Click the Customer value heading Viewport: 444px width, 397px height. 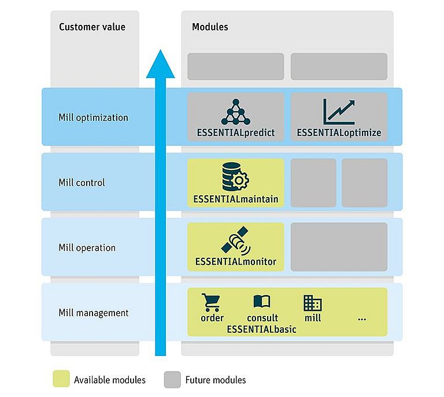click(x=92, y=27)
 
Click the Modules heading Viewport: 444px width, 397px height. click(x=210, y=27)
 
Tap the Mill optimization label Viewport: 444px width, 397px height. click(x=93, y=118)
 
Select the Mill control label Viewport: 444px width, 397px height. click(x=82, y=183)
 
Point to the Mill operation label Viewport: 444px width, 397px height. click(x=87, y=248)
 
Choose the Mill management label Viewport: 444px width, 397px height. click(x=94, y=313)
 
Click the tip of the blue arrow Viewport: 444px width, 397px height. click(x=160, y=50)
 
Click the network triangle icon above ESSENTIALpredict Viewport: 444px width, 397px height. click(x=236, y=112)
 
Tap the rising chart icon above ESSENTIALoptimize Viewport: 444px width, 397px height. click(x=339, y=112)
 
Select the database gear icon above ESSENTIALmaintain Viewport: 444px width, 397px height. click(x=235, y=177)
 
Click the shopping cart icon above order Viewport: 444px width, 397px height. click(x=210, y=302)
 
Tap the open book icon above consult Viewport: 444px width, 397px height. click(x=262, y=301)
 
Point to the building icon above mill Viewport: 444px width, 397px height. click(x=313, y=303)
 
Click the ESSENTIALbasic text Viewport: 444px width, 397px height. click(x=261, y=329)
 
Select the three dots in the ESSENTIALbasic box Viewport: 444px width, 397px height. click(x=362, y=320)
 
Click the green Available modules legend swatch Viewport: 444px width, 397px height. click(x=61, y=379)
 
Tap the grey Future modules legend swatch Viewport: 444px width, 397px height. click(x=172, y=380)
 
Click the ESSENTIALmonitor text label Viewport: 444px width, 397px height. click(x=236, y=261)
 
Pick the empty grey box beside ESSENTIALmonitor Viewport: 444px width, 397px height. click(x=339, y=247)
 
